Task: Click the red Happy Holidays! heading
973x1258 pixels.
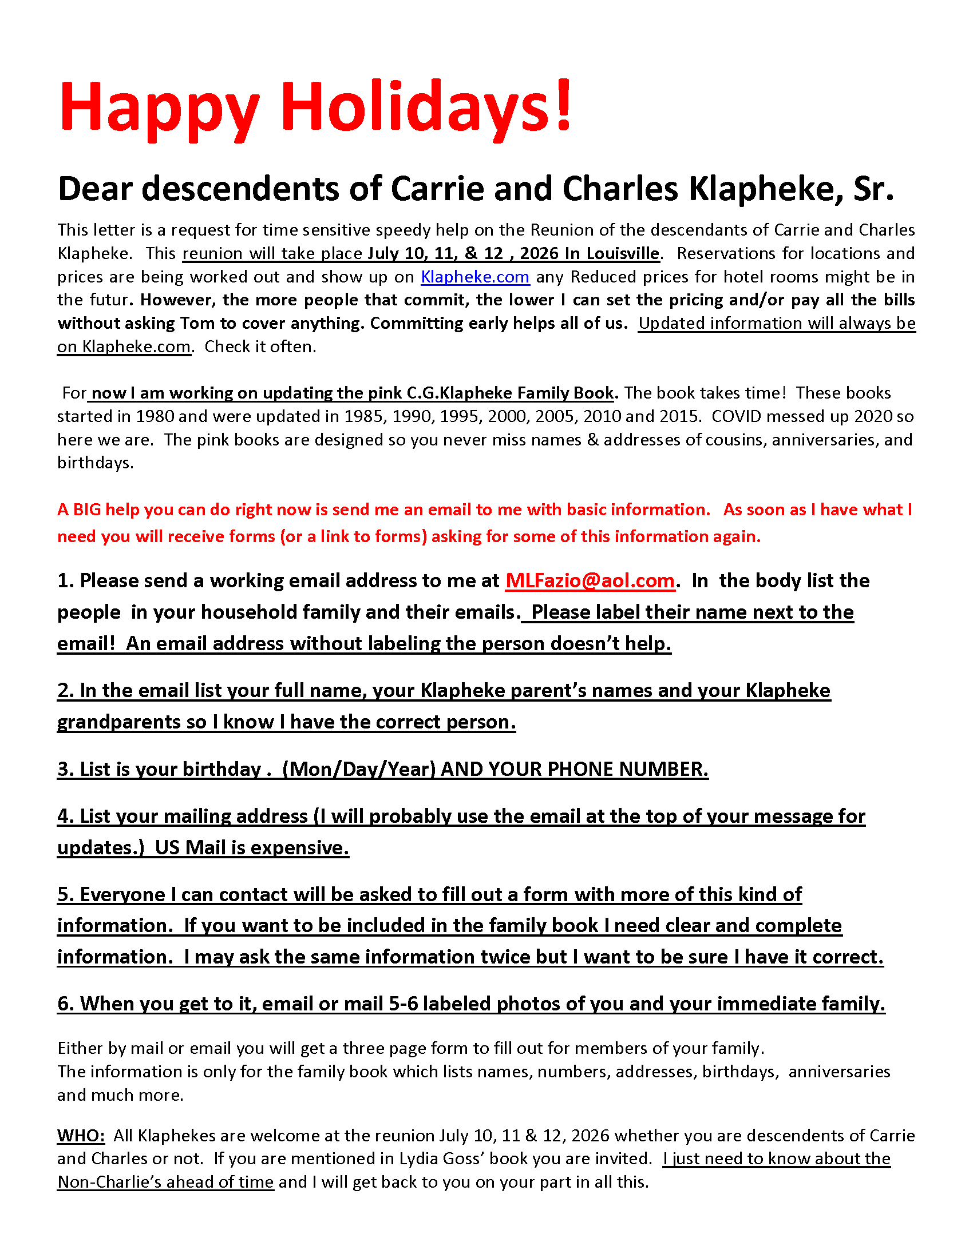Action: (x=316, y=108)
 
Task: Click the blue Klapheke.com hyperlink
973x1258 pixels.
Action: (x=475, y=277)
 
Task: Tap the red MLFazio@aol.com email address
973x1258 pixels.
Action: (x=590, y=580)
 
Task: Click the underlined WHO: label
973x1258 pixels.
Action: (x=81, y=1135)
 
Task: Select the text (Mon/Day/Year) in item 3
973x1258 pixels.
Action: (x=358, y=769)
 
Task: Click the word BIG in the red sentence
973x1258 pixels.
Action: (x=87, y=509)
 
